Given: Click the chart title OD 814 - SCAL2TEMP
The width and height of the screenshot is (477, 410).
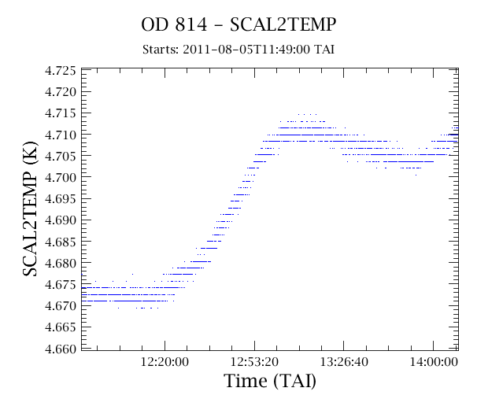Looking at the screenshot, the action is [x=238, y=24].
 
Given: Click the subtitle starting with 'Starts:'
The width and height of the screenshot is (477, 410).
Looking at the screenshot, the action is [x=238, y=50].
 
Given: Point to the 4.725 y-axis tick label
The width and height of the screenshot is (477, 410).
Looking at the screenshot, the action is [x=61, y=71].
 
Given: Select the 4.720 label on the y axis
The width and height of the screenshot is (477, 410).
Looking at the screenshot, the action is [x=61, y=92].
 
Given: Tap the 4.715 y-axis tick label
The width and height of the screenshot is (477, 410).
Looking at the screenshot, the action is [x=61, y=113].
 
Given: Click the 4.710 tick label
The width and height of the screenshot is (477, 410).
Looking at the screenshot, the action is [x=61, y=135].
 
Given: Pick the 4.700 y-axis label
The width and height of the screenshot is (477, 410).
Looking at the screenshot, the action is [x=61, y=177].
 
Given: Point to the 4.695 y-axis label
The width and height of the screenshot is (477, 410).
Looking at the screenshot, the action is [x=61, y=199].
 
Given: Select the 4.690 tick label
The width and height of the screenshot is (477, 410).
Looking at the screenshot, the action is [x=61, y=220].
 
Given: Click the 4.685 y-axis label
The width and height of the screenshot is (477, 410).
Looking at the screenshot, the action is [x=61, y=242].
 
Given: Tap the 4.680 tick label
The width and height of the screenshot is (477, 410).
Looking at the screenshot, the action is [x=61, y=263].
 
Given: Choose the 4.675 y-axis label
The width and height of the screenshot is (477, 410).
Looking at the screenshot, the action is [x=61, y=285].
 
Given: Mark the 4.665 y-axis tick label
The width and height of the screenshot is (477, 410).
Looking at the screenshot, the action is [x=61, y=327].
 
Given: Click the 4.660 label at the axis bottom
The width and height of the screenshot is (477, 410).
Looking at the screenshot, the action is [x=61, y=349].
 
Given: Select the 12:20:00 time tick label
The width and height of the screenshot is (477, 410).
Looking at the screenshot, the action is [x=165, y=362].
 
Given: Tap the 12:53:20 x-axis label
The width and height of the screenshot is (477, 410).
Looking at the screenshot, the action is [x=254, y=362].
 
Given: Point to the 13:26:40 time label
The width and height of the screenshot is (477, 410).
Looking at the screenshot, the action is [x=344, y=362].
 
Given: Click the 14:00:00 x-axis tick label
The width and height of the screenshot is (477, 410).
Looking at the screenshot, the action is [x=434, y=362].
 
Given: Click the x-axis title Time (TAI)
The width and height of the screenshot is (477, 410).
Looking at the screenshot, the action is [x=270, y=381].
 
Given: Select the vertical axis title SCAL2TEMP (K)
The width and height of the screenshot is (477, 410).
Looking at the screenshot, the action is [x=30, y=209].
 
